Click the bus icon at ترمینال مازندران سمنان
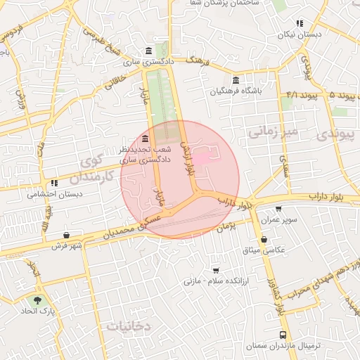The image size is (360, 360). [283, 335]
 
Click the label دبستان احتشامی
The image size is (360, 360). [55, 194]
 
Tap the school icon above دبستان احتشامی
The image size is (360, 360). [55, 184]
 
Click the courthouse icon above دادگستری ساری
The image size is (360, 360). [148, 51]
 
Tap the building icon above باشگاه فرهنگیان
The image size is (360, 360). [235, 79]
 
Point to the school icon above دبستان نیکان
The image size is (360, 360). [300, 23]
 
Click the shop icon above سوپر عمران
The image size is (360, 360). [279, 209]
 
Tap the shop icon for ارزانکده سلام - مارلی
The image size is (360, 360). [215, 270]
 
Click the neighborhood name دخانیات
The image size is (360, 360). [129, 326]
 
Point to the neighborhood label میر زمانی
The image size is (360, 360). [275, 131]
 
